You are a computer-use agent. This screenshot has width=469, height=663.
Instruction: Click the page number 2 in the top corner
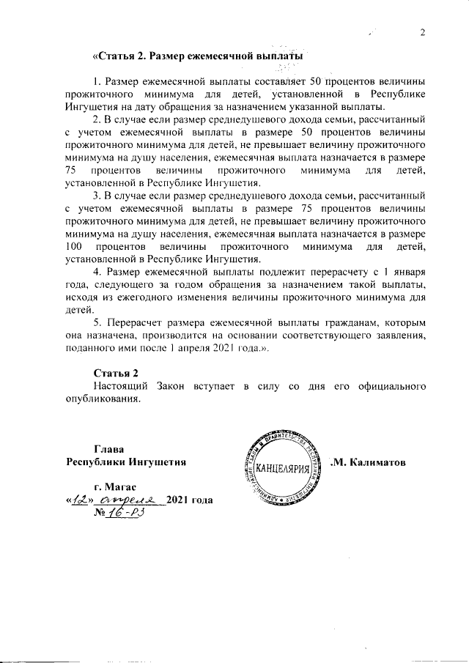(x=423, y=32)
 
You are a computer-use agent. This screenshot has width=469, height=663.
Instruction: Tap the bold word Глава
(x=109, y=448)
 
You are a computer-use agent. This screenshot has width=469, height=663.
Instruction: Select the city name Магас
(x=115, y=487)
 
